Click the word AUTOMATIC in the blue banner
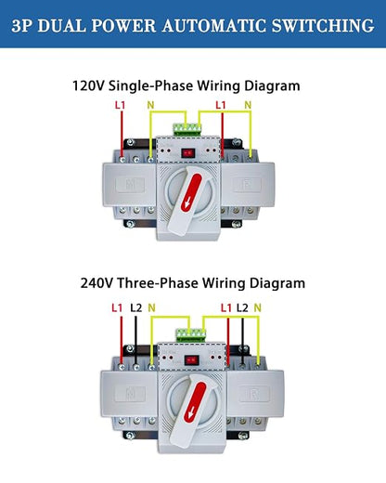click(x=214, y=25)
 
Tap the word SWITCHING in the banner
click(x=323, y=25)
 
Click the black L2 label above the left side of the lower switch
click(x=135, y=307)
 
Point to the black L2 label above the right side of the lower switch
click(x=242, y=307)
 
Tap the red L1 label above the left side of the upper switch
click(x=120, y=105)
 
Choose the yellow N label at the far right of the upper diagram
click(x=248, y=105)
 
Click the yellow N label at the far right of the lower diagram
click(x=257, y=307)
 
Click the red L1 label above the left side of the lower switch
click(x=117, y=307)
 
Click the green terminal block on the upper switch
click(x=187, y=130)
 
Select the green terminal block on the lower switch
click(x=191, y=335)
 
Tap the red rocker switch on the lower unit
click(x=191, y=360)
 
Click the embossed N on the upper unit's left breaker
click(x=130, y=185)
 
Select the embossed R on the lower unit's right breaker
click(x=254, y=394)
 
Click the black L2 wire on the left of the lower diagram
click(x=135, y=341)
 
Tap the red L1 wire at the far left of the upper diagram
click(x=122, y=135)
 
